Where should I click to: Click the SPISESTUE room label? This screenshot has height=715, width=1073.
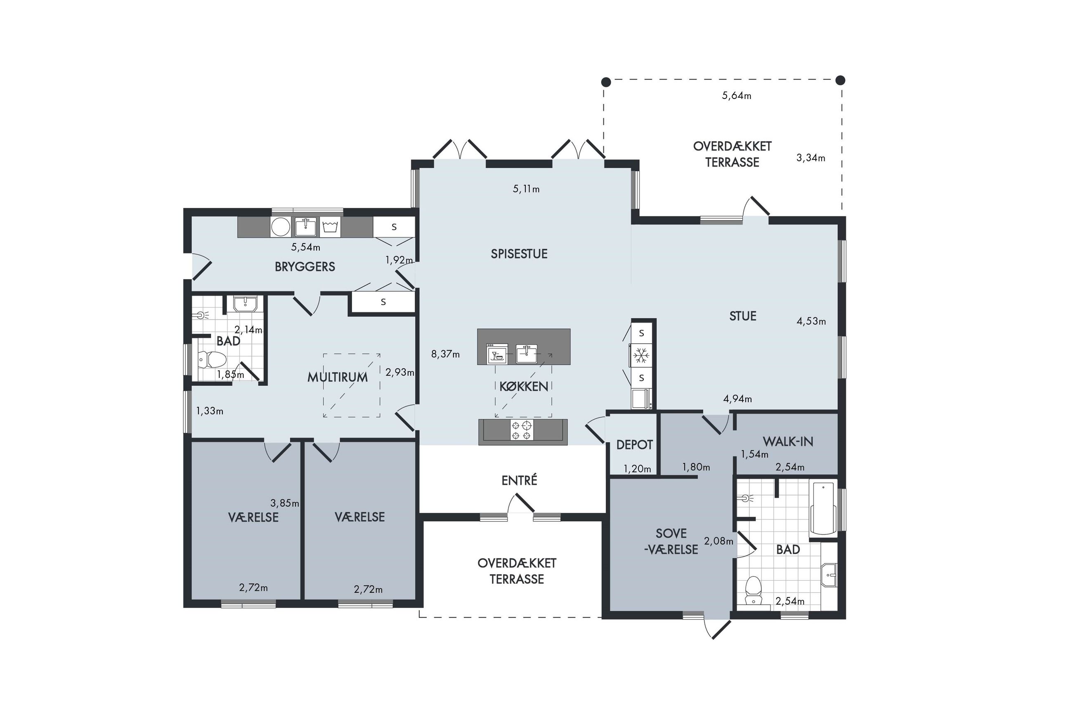click(519, 254)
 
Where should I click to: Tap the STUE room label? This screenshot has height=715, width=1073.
click(742, 316)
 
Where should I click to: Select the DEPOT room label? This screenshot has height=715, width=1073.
click(634, 445)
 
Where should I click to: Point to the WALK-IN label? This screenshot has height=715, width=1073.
click(787, 441)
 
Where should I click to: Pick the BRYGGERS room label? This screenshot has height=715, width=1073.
click(305, 267)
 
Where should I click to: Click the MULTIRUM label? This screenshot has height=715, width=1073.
click(337, 377)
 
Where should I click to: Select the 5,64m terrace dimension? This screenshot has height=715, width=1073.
click(737, 96)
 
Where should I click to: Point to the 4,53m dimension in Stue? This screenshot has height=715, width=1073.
click(811, 321)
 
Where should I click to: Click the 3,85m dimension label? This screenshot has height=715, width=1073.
click(285, 503)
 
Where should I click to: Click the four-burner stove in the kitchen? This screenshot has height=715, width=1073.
click(522, 430)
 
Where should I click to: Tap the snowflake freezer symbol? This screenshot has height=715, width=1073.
click(641, 355)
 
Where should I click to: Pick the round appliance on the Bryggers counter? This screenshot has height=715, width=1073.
click(281, 227)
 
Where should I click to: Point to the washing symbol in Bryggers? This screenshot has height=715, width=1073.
click(330, 227)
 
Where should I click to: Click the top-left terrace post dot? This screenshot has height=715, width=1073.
click(605, 82)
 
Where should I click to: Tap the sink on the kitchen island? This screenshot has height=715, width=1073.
click(526, 354)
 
